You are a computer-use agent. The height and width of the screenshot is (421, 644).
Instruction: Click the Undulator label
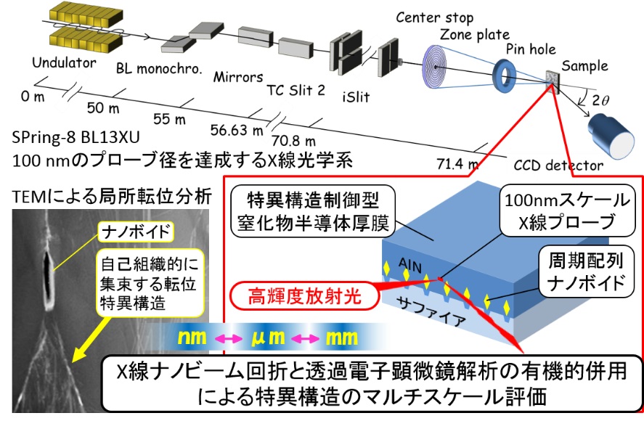[64, 63]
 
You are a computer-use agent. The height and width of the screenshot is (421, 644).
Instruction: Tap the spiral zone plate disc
[435, 68]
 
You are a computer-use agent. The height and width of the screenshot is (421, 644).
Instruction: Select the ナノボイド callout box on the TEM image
[136, 232]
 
